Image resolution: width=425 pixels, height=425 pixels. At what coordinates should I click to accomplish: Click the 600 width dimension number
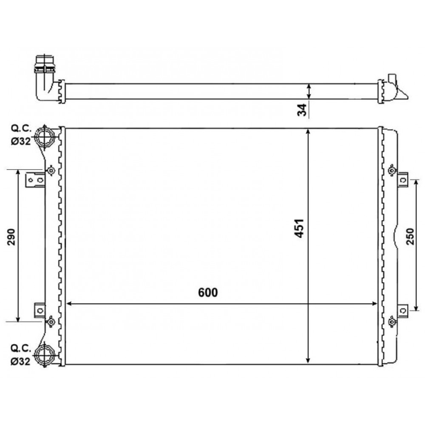(x=208, y=292)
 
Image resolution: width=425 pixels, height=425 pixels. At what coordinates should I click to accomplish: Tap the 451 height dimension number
(x=300, y=228)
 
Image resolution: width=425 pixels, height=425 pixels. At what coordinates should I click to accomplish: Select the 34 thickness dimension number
(x=302, y=110)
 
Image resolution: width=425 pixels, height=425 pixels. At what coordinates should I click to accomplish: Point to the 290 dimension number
(x=11, y=237)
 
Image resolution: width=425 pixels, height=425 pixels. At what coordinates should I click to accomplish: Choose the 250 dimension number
(x=411, y=236)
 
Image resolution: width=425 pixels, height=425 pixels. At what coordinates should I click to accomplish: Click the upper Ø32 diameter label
(x=21, y=141)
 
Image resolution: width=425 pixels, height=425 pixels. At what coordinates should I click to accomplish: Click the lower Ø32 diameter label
(x=20, y=361)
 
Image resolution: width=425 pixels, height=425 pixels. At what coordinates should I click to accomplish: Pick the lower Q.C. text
(x=21, y=348)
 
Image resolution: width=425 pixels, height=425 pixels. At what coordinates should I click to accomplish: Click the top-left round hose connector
(x=44, y=137)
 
